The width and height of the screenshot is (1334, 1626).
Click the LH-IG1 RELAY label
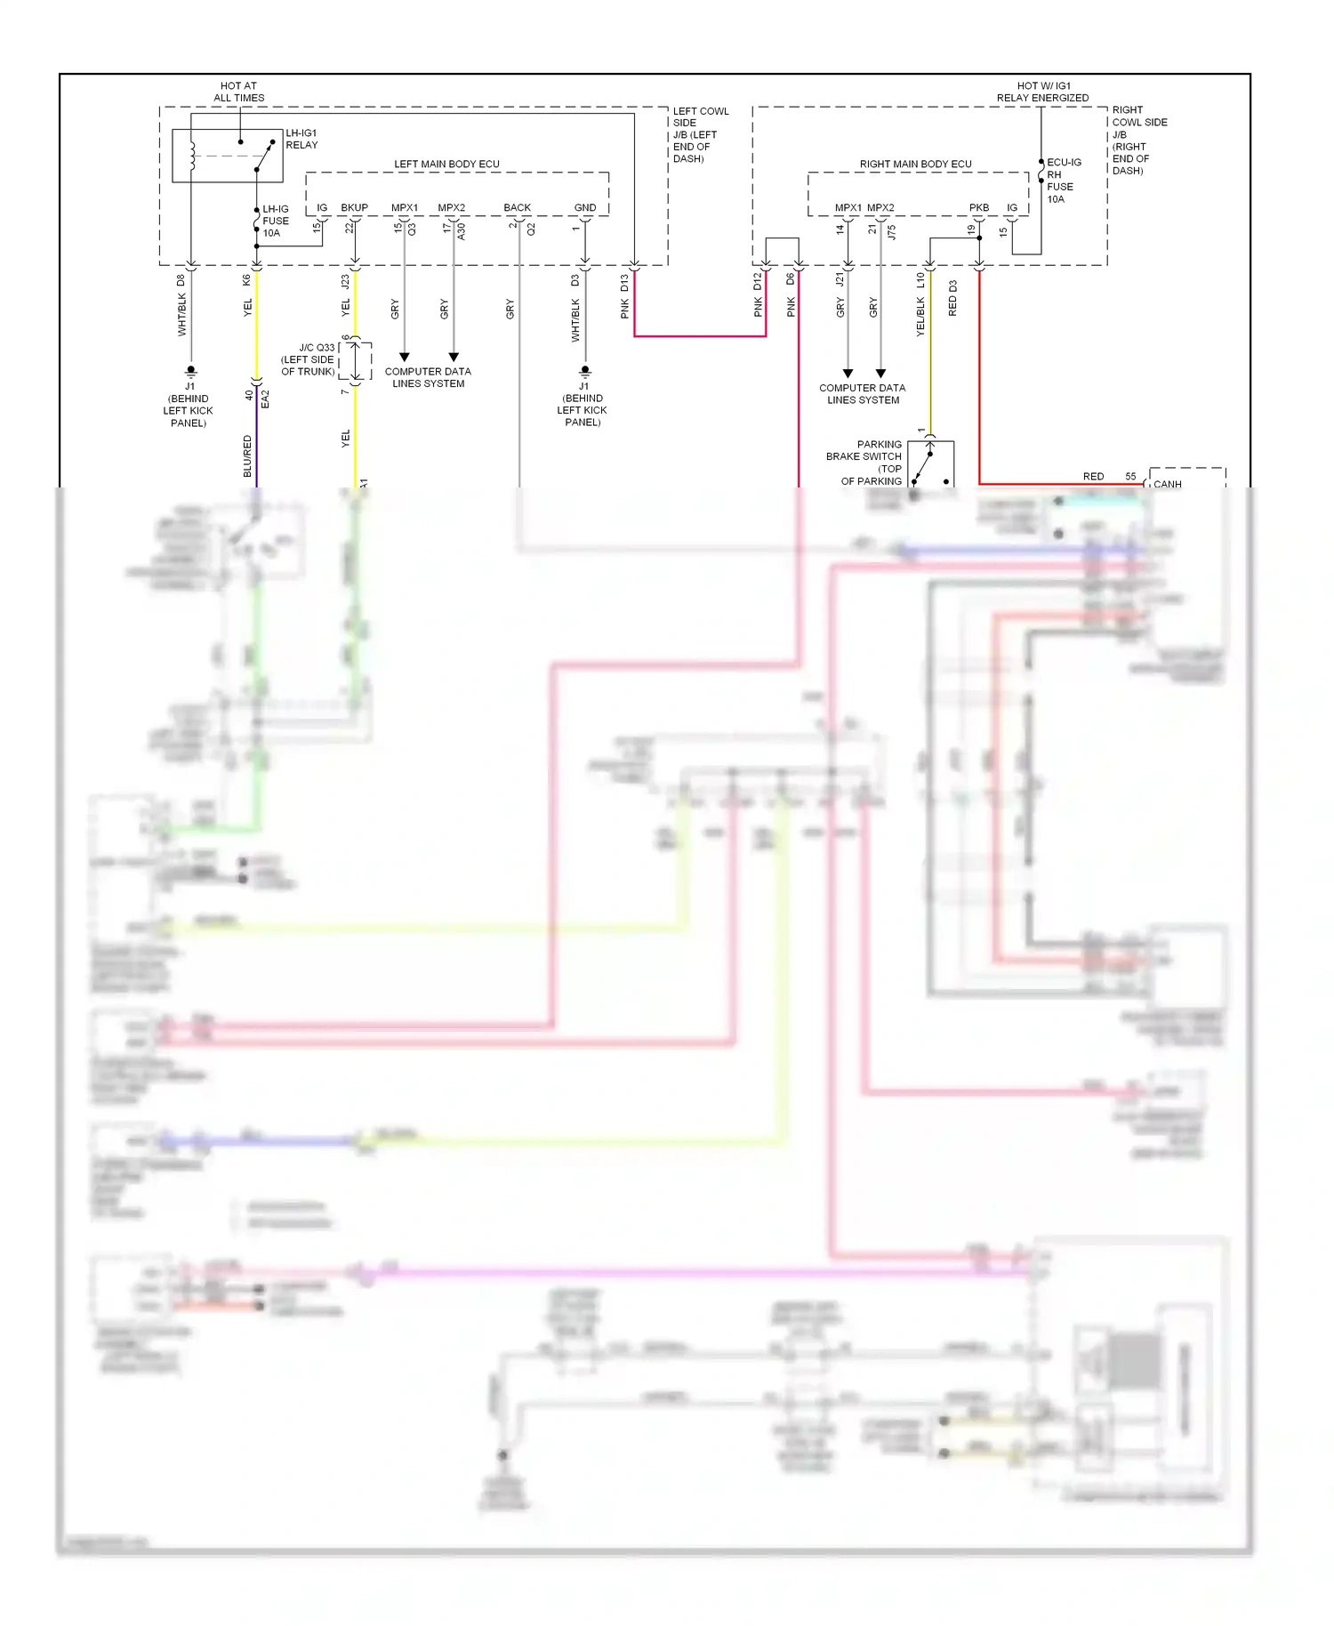[x=301, y=139]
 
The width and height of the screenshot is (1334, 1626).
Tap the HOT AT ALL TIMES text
[x=238, y=92]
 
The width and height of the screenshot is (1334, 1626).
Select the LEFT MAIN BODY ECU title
[x=446, y=164]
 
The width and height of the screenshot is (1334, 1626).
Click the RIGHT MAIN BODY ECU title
[x=915, y=164]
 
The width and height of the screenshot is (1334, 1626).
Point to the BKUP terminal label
[x=354, y=207]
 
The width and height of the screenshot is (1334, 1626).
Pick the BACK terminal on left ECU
[x=517, y=207]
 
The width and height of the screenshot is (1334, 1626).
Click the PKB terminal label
[x=978, y=207]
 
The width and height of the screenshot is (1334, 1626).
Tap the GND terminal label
[x=585, y=207]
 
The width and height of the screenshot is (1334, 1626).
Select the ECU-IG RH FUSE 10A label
[x=1062, y=181]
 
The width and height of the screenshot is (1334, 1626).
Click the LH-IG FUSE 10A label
[x=275, y=221]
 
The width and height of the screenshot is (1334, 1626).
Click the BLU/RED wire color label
[x=247, y=455]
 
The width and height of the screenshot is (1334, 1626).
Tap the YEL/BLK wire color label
[x=920, y=316]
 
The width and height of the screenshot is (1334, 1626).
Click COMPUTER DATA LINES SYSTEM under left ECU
[x=428, y=377]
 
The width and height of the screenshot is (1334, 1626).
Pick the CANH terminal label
[x=1167, y=484]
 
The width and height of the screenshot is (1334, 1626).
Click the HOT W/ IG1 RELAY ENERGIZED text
[x=1042, y=92]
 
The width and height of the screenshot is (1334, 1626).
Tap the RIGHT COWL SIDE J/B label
[x=1138, y=140]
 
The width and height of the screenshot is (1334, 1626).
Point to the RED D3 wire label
[x=952, y=298]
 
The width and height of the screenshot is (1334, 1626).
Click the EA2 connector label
[x=265, y=398]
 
